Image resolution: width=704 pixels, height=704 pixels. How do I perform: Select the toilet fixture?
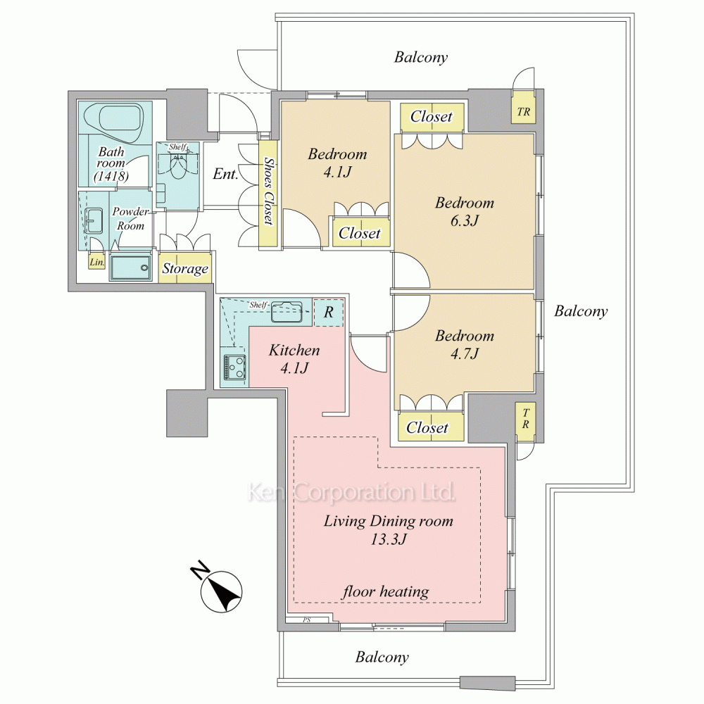click(179, 165)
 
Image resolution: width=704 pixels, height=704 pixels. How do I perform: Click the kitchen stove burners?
click(235, 366)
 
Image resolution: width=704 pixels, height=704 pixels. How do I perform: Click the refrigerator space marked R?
click(328, 312)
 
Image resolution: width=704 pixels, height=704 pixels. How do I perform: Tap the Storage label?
click(185, 268)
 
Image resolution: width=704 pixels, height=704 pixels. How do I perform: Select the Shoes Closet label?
click(268, 190)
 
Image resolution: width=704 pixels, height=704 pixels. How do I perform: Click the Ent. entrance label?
click(225, 174)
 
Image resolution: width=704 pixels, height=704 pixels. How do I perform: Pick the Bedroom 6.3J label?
click(465, 211)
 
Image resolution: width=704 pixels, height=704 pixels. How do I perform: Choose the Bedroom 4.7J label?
click(465, 344)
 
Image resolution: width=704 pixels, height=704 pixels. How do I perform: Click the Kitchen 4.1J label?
click(294, 359)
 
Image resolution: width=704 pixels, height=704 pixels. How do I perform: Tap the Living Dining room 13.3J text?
click(389, 530)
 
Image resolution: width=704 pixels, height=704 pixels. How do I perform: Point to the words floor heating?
click(386, 592)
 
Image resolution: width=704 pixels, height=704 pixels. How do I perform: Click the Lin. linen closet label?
click(97, 262)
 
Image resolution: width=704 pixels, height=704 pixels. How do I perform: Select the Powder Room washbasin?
click(94, 221)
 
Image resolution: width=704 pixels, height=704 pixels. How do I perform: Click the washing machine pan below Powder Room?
click(130, 268)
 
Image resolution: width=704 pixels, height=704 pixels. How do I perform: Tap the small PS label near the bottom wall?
click(307, 620)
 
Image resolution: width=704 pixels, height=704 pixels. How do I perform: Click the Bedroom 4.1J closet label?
click(360, 233)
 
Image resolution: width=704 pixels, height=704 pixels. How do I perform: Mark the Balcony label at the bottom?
click(382, 658)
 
